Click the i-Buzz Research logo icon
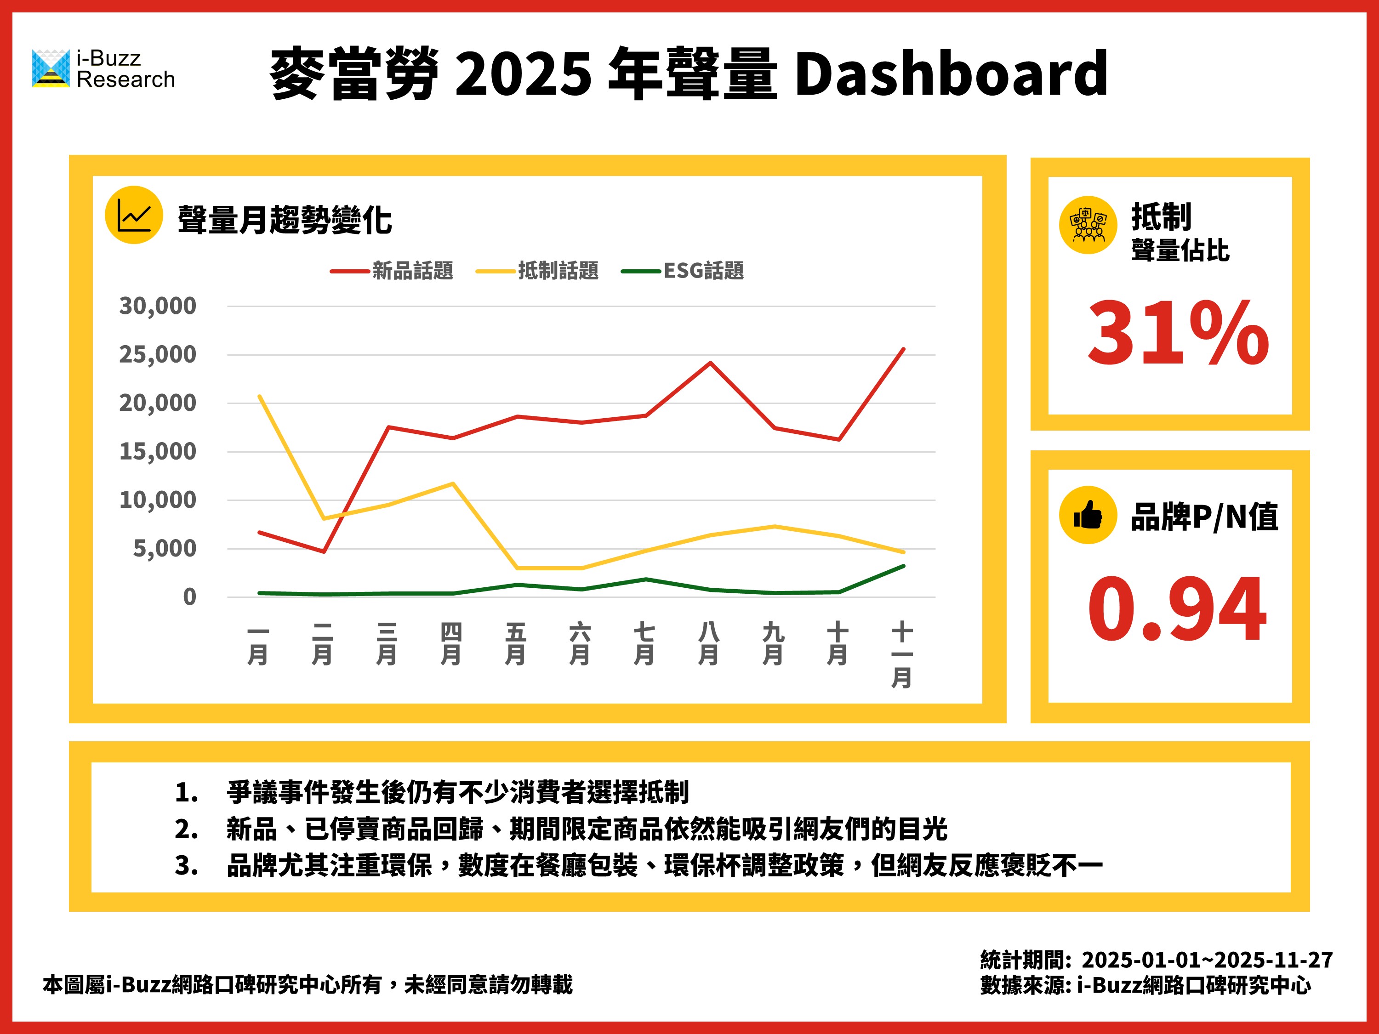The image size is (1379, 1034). point(51,68)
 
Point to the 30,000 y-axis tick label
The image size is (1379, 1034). point(158,306)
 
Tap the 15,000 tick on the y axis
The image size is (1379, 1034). point(158,452)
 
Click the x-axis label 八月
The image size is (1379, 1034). point(709,644)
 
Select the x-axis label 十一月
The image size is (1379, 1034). point(902,654)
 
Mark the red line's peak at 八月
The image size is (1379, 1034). point(710,363)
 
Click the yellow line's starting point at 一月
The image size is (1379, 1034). point(259,397)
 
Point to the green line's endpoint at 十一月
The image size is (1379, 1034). point(903,566)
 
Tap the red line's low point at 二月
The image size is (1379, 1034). point(324,551)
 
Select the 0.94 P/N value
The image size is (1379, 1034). point(1177,608)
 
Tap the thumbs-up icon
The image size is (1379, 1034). point(1088,515)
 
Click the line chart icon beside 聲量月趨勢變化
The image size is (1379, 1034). point(134,215)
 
